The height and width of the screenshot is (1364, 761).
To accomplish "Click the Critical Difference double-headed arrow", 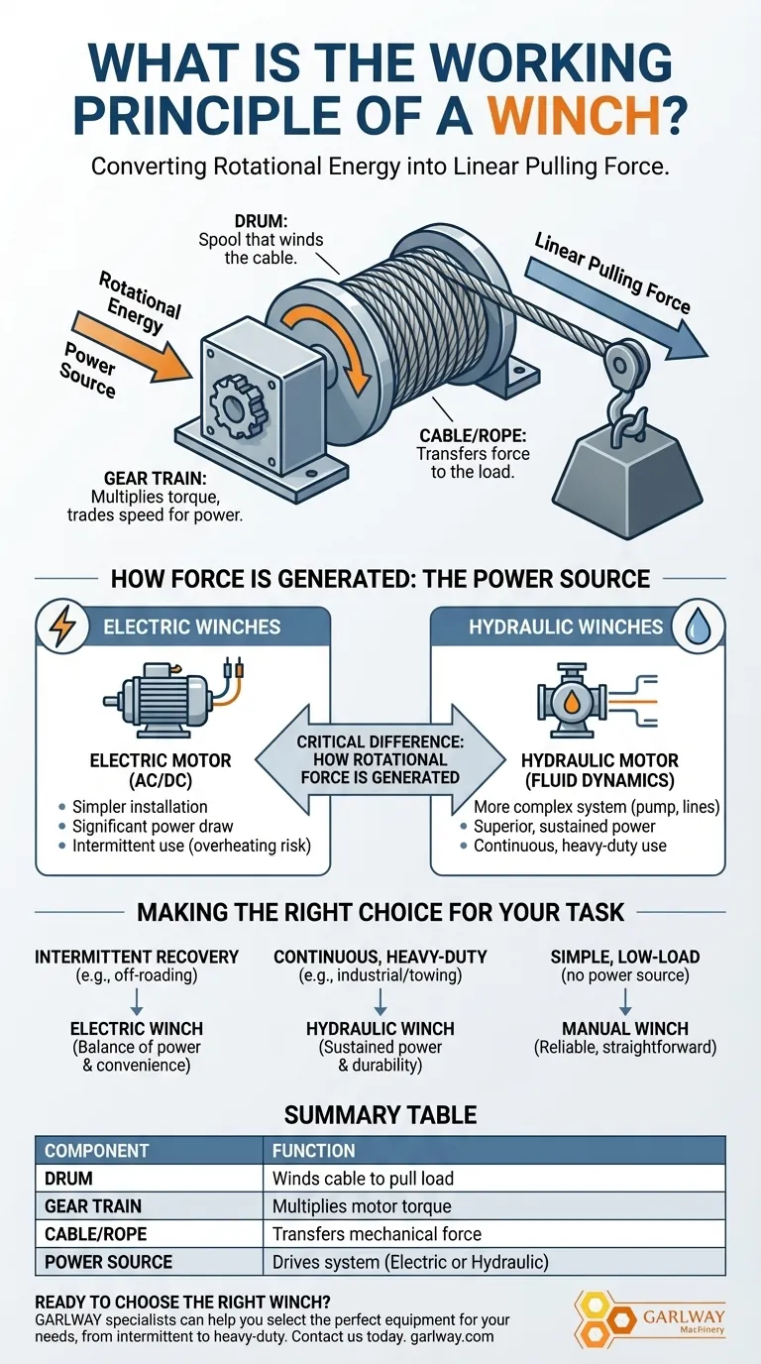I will (x=380, y=760).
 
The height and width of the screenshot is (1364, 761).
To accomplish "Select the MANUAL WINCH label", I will (x=625, y=1028).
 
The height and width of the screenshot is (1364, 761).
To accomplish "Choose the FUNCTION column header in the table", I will (x=313, y=1151).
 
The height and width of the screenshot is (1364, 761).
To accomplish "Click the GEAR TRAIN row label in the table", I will (x=93, y=1206).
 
